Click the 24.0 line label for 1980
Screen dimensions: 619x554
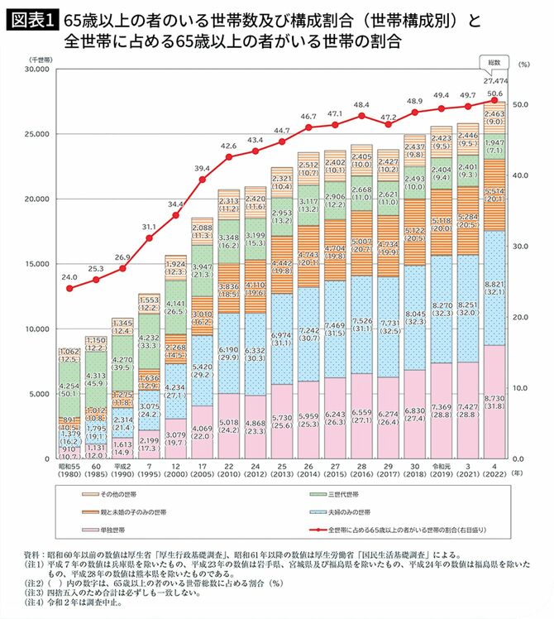tap(69, 277)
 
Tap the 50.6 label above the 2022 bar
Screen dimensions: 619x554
tap(494, 94)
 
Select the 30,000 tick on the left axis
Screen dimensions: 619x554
tap(39, 70)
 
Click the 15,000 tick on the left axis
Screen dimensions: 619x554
tap(39, 264)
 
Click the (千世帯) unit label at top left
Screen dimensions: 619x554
tap(39, 60)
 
